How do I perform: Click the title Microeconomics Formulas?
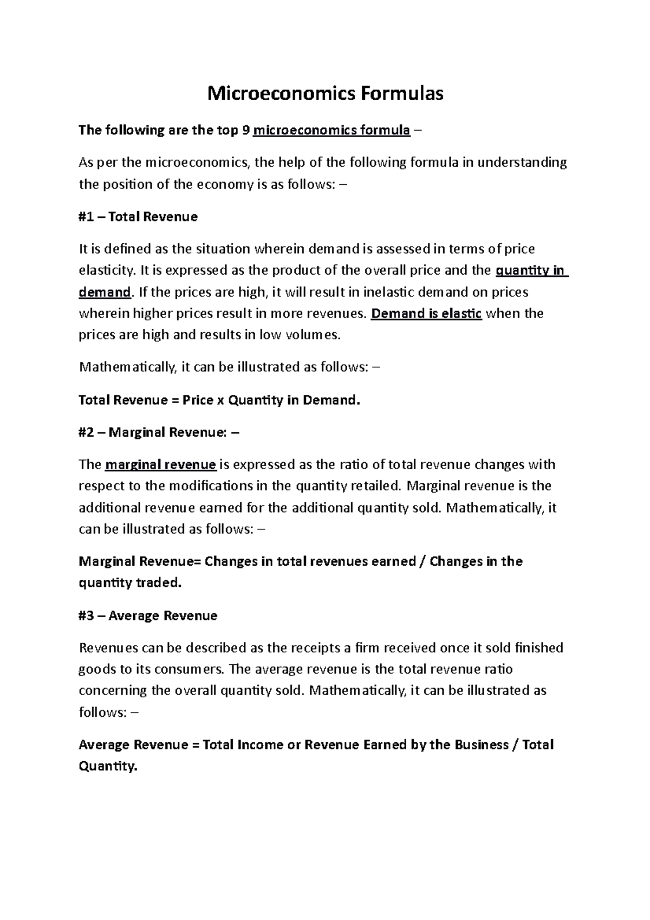pos(326,94)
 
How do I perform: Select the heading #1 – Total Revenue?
pos(138,217)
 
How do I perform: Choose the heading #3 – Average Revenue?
pos(148,616)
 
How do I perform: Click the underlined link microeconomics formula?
pos(331,130)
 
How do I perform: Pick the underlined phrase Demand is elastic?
pos(426,314)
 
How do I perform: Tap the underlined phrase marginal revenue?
pos(161,465)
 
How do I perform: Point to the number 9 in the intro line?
pos(247,130)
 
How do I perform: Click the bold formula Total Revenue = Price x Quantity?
pos(219,400)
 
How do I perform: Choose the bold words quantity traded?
pos(131,583)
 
